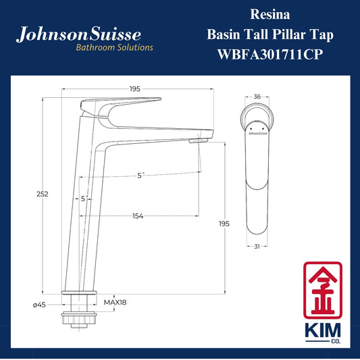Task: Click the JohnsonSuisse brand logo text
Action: click(78, 34)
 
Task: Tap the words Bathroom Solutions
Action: click(114, 47)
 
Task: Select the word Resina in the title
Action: click(270, 14)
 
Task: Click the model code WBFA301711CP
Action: click(270, 55)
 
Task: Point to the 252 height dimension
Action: click(43, 195)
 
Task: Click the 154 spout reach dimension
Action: click(138, 216)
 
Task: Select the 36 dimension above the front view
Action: click(257, 97)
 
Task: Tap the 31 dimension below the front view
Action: click(257, 247)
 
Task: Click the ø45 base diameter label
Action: click(39, 305)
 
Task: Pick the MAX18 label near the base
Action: click(115, 303)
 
